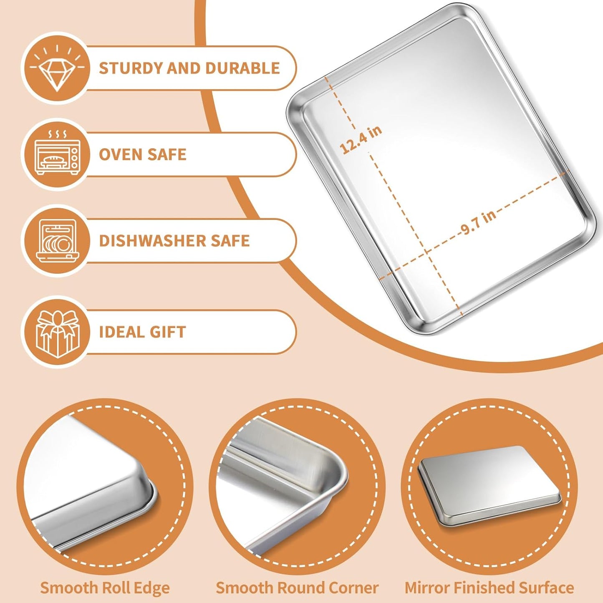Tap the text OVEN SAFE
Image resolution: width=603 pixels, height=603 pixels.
tap(142, 155)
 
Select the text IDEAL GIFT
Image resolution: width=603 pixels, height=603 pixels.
tap(142, 332)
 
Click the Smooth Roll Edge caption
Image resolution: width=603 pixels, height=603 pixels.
tap(105, 588)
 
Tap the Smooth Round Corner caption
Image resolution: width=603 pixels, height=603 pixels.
tap(297, 588)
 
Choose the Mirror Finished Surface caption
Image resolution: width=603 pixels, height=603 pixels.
tap(489, 588)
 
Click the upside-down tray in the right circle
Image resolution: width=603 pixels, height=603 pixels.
tap(489, 486)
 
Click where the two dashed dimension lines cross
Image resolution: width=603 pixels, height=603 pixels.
tap(426, 251)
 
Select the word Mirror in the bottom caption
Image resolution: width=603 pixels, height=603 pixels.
tap(427, 588)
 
